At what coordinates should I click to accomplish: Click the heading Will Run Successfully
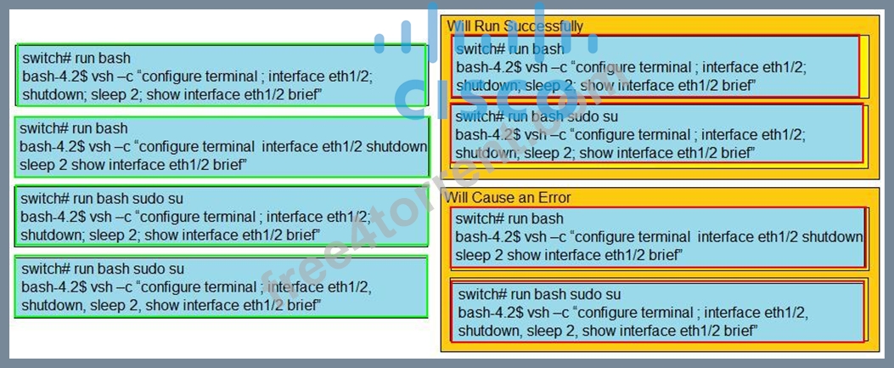514,26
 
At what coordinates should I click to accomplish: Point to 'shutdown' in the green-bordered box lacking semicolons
396,147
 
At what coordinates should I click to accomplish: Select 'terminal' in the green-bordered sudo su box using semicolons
234,217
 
